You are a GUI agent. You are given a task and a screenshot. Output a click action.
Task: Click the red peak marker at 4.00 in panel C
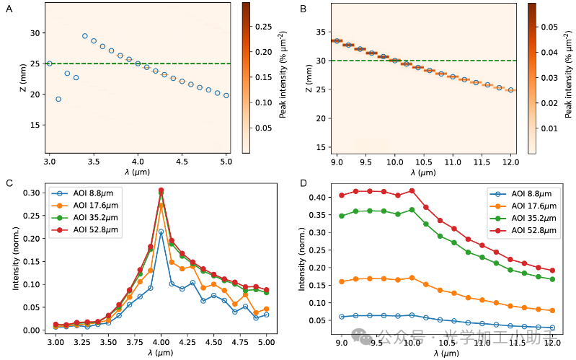pos(161,190)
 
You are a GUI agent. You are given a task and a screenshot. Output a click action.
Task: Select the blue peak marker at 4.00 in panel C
pos(161,232)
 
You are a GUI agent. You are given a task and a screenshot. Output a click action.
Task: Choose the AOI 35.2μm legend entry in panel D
pos(521,218)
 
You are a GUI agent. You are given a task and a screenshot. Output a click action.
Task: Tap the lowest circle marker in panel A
pos(58,99)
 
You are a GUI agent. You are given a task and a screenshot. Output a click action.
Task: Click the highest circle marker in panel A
pos(84,36)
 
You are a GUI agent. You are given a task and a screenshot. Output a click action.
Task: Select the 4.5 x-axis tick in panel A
pos(182,163)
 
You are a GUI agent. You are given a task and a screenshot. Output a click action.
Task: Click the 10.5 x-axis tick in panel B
pos(423,163)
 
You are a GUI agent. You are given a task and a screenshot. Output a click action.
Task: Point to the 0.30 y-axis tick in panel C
pos(33,193)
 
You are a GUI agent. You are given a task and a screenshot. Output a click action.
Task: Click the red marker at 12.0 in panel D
pos(552,271)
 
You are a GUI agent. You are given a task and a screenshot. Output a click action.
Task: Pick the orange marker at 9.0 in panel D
pos(342,281)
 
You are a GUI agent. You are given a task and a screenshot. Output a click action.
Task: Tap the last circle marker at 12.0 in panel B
pos(511,90)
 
